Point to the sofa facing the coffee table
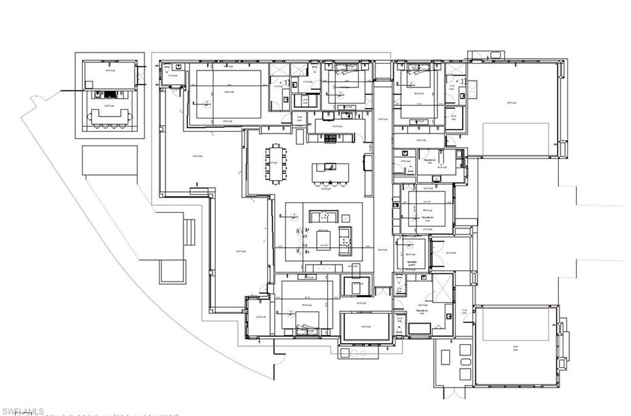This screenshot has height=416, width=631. click(324, 217)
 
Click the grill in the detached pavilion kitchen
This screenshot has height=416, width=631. click(109, 95)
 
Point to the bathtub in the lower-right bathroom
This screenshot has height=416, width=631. click(420, 328)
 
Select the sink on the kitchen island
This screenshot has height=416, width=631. click(327, 166)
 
